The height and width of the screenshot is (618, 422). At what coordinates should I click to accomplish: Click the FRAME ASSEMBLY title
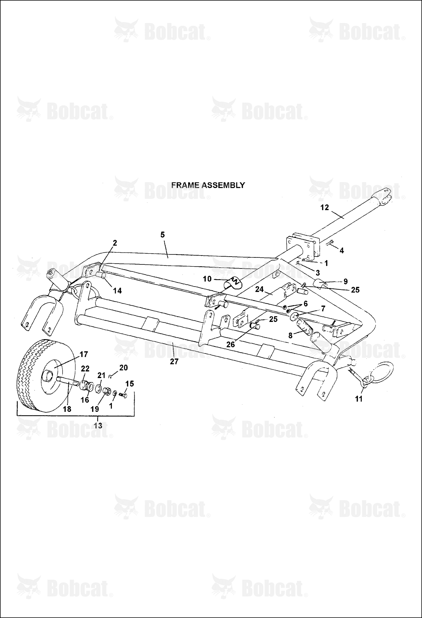tap(208, 185)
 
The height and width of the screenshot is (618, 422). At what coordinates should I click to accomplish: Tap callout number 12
tap(325, 207)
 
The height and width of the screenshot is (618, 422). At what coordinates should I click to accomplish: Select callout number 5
tap(163, 235)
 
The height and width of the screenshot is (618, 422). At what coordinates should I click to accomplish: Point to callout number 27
tap(174, 361)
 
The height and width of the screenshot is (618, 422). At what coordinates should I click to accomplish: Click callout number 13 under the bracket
tap(98, 425)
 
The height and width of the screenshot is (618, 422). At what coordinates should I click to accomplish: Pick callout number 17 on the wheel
tap(84, 354)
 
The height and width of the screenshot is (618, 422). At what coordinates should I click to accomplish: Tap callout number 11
tap(359, 399)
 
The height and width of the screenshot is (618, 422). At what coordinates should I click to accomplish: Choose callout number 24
tap(259, 289)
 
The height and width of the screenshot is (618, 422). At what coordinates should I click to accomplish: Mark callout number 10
tap(207, 279)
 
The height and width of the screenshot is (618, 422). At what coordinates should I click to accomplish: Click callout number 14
tap(117, 291)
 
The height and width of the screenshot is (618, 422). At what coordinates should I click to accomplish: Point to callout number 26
tap(230, 344)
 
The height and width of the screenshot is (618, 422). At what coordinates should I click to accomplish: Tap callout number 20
tap(123, 368)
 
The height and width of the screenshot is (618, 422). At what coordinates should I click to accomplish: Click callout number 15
tap(130, 384)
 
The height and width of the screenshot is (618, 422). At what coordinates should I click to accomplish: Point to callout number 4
tap(342, 250)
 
